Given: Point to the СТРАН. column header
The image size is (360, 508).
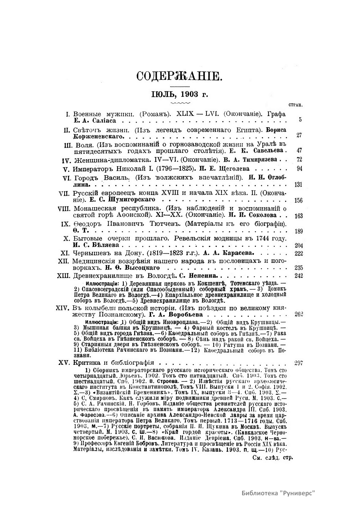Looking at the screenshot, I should [295, 105].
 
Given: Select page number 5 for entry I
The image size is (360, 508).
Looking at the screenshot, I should [300, 120].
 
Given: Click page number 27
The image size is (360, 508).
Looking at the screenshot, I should [299, 135].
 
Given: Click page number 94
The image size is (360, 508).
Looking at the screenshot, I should [299, 168].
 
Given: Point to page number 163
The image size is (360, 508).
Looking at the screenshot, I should [298, 216].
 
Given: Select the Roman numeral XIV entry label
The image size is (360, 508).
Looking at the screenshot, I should [63, 308].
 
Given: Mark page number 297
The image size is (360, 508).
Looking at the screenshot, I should [298, 363].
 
